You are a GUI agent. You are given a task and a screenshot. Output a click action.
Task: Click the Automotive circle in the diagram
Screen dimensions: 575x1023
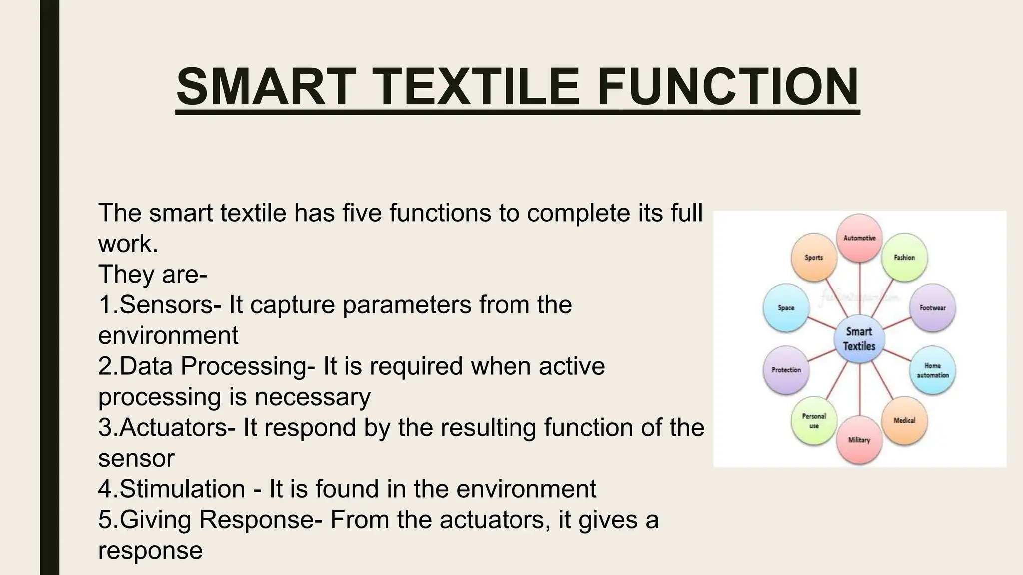[x=859, y=238]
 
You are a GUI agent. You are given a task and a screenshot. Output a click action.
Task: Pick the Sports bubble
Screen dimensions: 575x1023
[x=814, y=257]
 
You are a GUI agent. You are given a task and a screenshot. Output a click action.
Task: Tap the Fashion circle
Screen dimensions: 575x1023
[x=904, y=257]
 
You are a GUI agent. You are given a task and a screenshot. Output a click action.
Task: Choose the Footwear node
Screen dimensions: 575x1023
[x=932, y=308]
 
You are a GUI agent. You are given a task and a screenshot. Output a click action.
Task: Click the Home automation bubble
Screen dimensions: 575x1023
[x=932, y=370]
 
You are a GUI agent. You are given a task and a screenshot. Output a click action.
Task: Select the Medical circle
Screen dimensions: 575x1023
[x=904, y=420]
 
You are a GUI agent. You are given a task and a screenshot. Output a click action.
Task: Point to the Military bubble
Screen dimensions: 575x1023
[x=859, y=440]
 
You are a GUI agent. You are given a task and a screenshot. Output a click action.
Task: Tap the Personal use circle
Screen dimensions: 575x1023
[x=814, y=420]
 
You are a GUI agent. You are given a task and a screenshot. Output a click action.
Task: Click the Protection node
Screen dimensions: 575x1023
[x=786, y=370]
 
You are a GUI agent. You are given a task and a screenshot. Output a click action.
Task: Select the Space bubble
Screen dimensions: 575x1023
[x=786, y=308]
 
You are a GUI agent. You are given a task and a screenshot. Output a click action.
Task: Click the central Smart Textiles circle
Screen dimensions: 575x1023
[x=859, y=339]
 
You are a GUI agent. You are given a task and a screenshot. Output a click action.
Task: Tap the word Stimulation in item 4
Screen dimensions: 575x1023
[x=182, y=489]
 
